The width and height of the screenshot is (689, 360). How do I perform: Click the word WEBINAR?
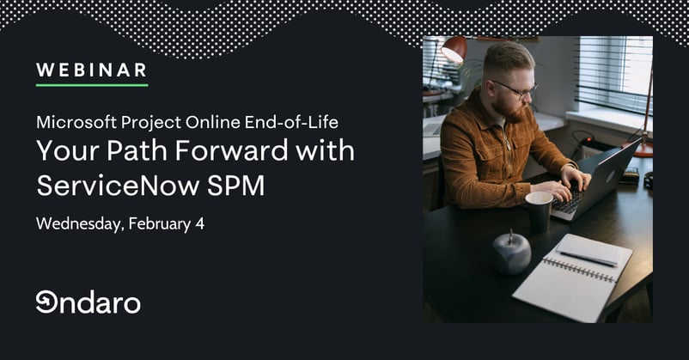point(91,69)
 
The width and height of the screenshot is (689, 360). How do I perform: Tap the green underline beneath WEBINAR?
point(91,85)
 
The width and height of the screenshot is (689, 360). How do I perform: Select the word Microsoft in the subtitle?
point(70,122)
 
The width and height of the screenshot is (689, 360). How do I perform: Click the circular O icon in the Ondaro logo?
point(46,302)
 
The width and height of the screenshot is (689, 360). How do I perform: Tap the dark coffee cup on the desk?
point(540,211)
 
